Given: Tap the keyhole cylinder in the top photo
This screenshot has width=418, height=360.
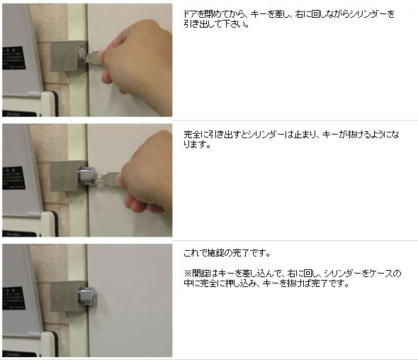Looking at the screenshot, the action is click(x=83, y=55).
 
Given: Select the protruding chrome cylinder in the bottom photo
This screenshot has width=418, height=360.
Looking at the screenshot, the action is click(x=87, y=296).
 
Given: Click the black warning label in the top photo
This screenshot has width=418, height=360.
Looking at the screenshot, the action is click(x=14, y=58).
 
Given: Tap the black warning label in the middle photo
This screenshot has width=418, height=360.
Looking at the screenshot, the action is click(x=14, y=178).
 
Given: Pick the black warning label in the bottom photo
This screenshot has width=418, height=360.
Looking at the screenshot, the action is click(x=14, y=298).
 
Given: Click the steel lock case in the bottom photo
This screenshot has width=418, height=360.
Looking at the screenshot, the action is click(x=68, y=296).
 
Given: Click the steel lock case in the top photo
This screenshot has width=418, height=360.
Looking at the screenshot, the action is click(x=68, y=56).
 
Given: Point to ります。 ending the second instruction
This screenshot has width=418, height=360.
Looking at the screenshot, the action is click(x=197, y=145).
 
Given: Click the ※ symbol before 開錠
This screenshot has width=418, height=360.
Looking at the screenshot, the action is click(x=188, y=273).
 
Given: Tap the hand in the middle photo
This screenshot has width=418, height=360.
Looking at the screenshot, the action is click(x=145, y=174).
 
